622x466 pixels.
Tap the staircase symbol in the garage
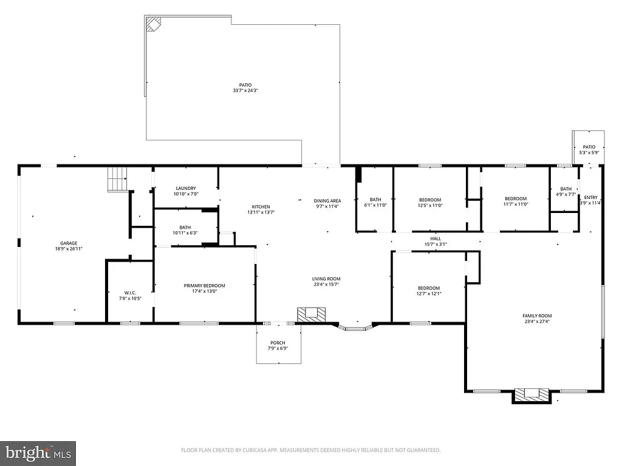(117, 180)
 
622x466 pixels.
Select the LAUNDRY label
(185, 188)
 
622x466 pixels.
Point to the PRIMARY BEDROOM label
(205, 286)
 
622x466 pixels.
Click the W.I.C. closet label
(129, 293)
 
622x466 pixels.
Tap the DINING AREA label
(327, 201)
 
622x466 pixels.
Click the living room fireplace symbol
(311, 314)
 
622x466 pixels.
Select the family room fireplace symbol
(532, 394)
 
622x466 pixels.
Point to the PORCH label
(278, 343)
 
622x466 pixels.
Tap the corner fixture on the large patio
(152, 25)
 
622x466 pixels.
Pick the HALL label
(436, 238)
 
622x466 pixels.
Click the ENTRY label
(590, 197)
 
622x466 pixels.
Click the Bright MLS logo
(38, 453)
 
